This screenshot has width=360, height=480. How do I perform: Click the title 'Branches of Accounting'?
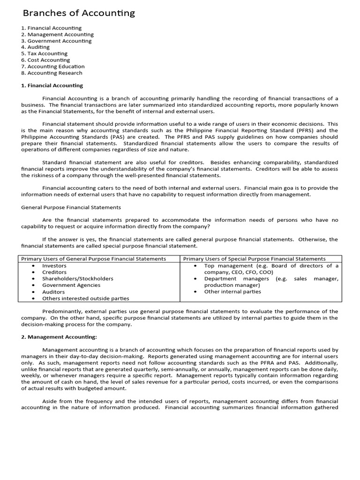79,13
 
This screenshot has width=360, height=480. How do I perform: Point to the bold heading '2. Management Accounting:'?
59,337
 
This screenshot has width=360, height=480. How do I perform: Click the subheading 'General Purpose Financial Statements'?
71,207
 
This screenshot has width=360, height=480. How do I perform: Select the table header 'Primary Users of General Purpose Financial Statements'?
94,259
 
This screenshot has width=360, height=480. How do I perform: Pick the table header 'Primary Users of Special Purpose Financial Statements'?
254,259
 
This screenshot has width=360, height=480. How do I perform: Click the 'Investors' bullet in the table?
54,265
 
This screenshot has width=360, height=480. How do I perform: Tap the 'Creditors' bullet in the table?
54,272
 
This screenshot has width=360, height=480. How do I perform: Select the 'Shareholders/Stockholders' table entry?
78,278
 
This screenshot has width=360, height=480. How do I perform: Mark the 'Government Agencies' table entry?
71,285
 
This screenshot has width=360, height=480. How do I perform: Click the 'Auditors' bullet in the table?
53,292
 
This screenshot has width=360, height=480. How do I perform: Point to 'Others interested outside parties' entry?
86,298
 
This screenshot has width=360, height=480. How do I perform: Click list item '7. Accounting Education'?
54,67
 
